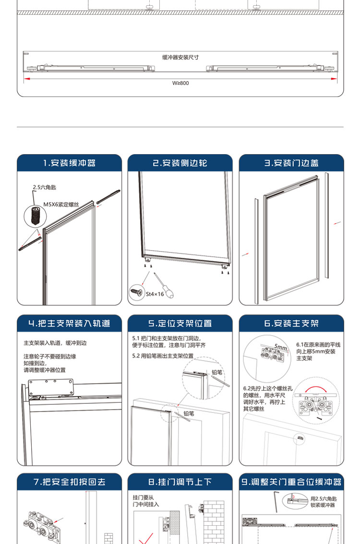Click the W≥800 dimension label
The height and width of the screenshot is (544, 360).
coord(180,83)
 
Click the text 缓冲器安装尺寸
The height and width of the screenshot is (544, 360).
coord(180,57)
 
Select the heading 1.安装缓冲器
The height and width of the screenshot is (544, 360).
coord(70,163)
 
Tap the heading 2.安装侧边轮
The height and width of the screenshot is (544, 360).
coord(180,163)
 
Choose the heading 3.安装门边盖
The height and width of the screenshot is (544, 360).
coord(291,163)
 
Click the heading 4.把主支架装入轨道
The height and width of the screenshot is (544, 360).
coord(70,323)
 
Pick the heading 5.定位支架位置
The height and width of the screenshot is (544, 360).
coord(180,323)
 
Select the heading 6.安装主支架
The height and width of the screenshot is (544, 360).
coord(291,323)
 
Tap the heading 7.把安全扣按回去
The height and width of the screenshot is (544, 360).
coord(70,482)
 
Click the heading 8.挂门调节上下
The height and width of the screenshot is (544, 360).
coord(180,482)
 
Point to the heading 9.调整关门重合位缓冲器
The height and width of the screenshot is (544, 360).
coord(291,482)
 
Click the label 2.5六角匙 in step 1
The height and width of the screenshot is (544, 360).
coord(44,187)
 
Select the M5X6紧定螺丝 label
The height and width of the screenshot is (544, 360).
coord(61,205)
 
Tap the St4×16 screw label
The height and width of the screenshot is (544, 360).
coord(155,294)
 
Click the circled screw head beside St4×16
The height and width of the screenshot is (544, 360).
coord(137,292)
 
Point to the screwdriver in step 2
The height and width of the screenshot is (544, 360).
coord(164,286)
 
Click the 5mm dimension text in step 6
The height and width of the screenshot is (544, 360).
coord(281,347)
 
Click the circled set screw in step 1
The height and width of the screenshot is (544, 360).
coord(36,217)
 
